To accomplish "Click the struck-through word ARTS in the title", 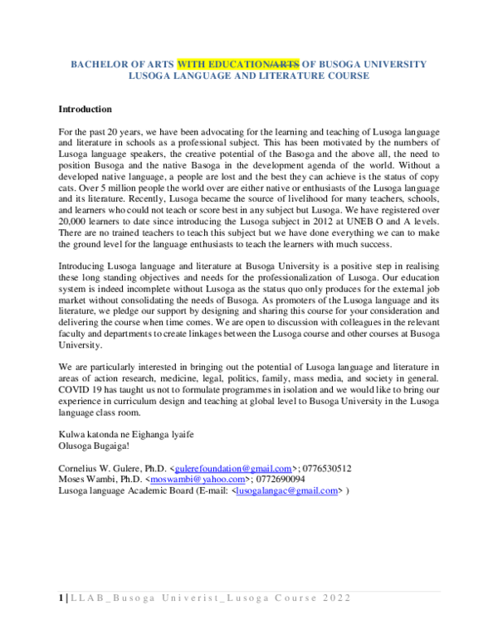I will pos(285,64).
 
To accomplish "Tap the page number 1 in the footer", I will pos(61,599).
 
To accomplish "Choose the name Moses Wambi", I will pos(86,480).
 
